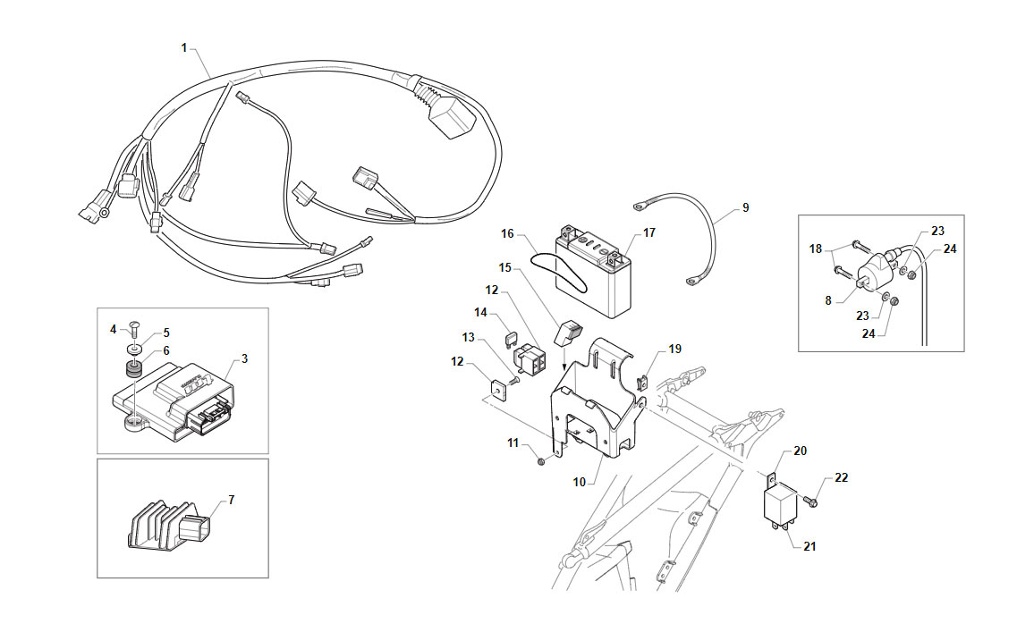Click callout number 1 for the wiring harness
pos(184,47)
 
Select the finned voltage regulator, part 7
pos(169,525)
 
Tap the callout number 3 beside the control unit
pos(245,358)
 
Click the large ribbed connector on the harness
pos(449,114)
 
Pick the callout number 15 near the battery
pos(505,267)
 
